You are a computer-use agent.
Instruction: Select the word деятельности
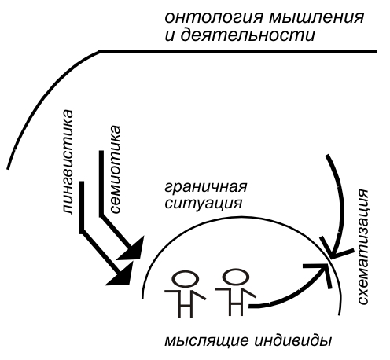pyautogui.click(x=248, y=35)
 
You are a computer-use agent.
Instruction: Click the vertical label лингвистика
pyautogui.click(x=67, y=163)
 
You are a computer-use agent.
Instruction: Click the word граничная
pyautogui.click(x=206, y=188)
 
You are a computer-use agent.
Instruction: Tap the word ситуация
pyautogui.click(x=204, y=204)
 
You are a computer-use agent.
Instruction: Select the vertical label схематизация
pyautogui.click(x=363, y=247)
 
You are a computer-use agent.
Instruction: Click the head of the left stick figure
pyautogui.click(x=186, y=279)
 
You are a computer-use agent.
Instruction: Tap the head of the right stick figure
pyautogui.click(x=235, y=277)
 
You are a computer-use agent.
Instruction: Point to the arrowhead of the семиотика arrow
pyautogui.click(x=131, y=248)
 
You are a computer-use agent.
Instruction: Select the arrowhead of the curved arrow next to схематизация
pyautogui.click(x=336, y=248)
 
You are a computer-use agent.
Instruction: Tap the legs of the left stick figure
pyautogui.click(x=186, y=305)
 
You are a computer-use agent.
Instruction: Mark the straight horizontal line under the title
pyautogui.click(x=237, y=51)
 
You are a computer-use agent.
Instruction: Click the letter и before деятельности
pyautogui.click(x=170, y=36)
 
